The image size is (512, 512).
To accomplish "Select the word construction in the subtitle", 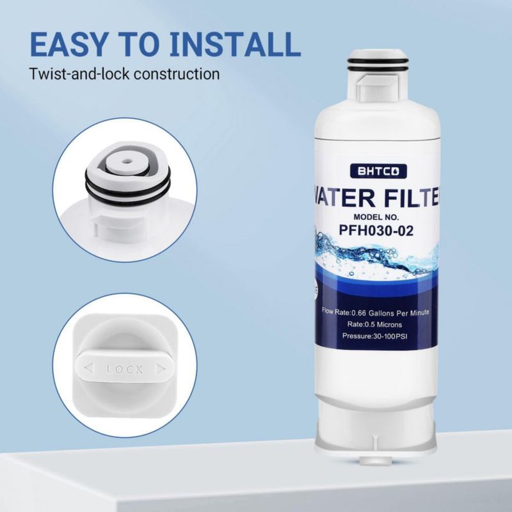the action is (177, 74).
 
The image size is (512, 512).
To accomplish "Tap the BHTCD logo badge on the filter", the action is (378, 171).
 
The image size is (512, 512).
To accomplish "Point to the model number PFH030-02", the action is (376, 230).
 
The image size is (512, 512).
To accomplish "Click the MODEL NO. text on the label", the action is (376, 217).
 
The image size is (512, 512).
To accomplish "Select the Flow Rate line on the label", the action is (375, 312).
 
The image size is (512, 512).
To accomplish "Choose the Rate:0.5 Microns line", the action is (374, 324).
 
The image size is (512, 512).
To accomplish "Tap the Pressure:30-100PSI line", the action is (374, 335).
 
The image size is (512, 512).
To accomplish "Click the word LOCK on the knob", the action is (124, 369).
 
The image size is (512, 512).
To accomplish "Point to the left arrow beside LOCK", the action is (89, 368).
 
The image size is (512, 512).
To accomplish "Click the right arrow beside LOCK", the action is (161, 369).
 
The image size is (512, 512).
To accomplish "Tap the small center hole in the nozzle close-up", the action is (126, 161).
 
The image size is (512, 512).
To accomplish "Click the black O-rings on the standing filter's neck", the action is (378, 65).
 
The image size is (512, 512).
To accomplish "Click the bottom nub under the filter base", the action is (376, 460).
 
